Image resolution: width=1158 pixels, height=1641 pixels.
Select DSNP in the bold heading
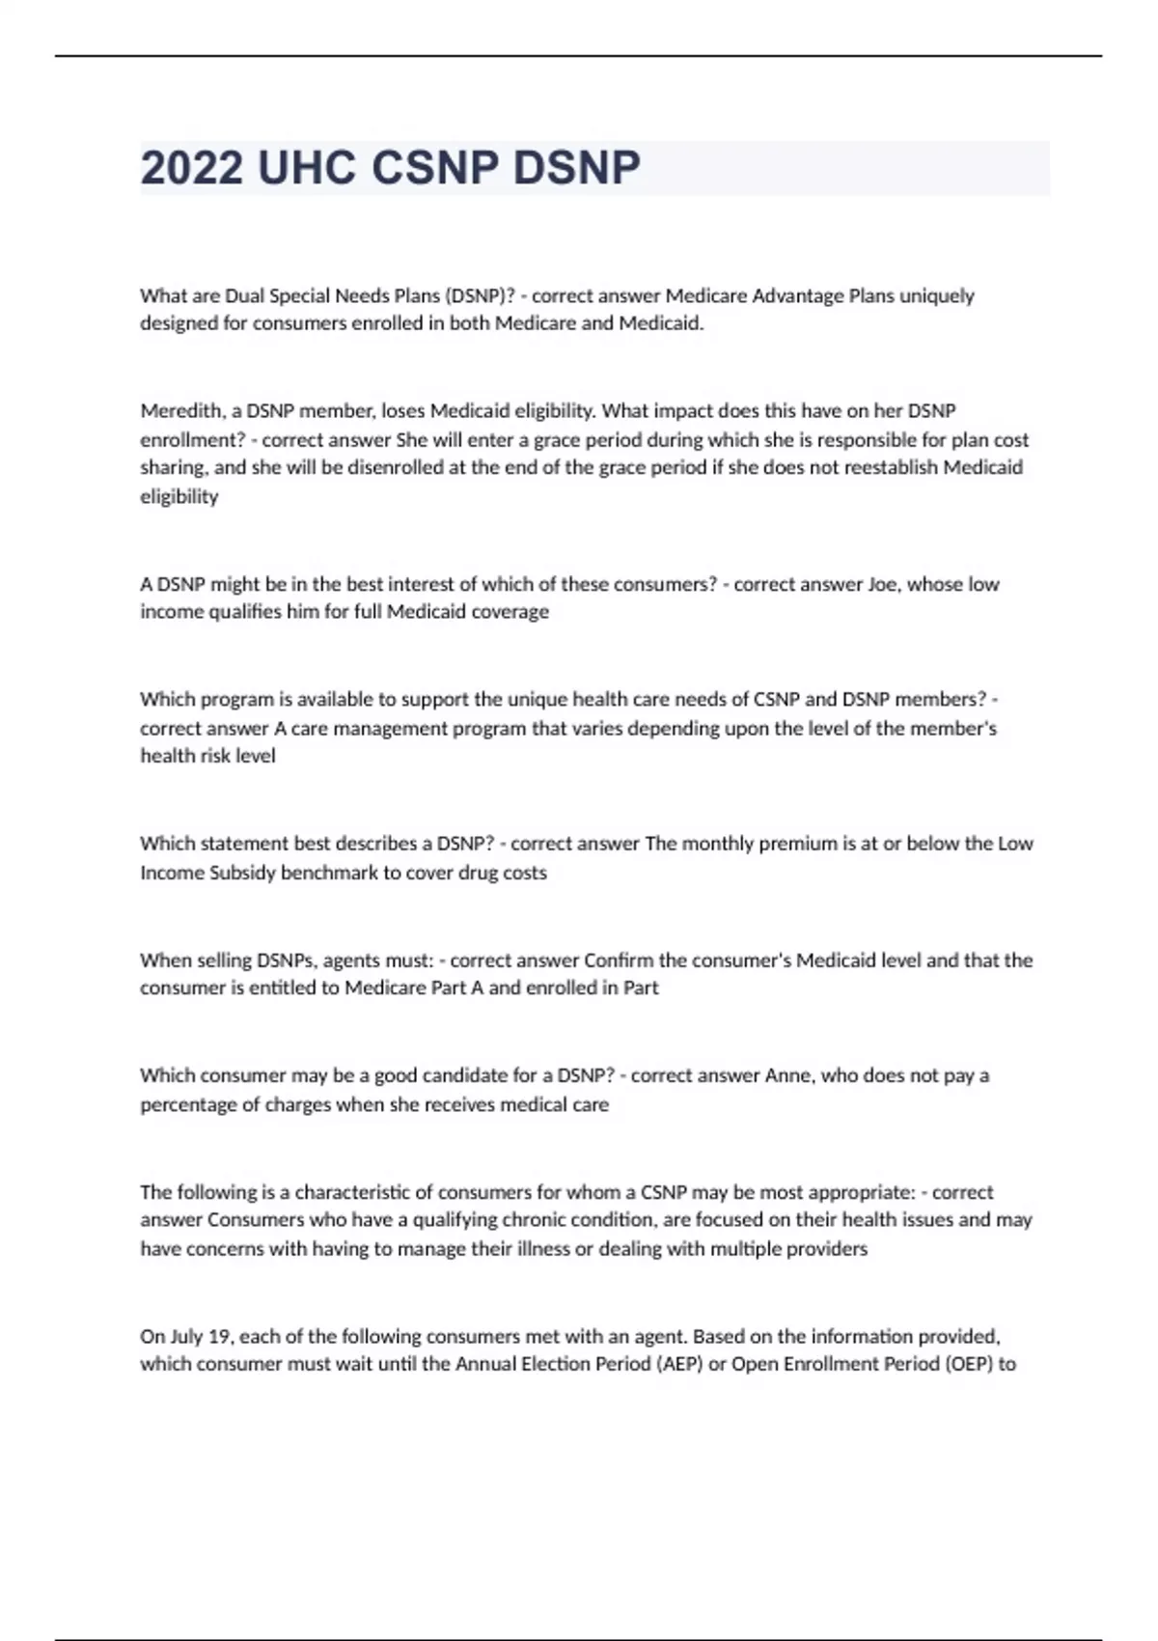click(x=576, y=168)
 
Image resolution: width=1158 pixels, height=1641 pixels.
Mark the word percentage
click(x=187, y=1104)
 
